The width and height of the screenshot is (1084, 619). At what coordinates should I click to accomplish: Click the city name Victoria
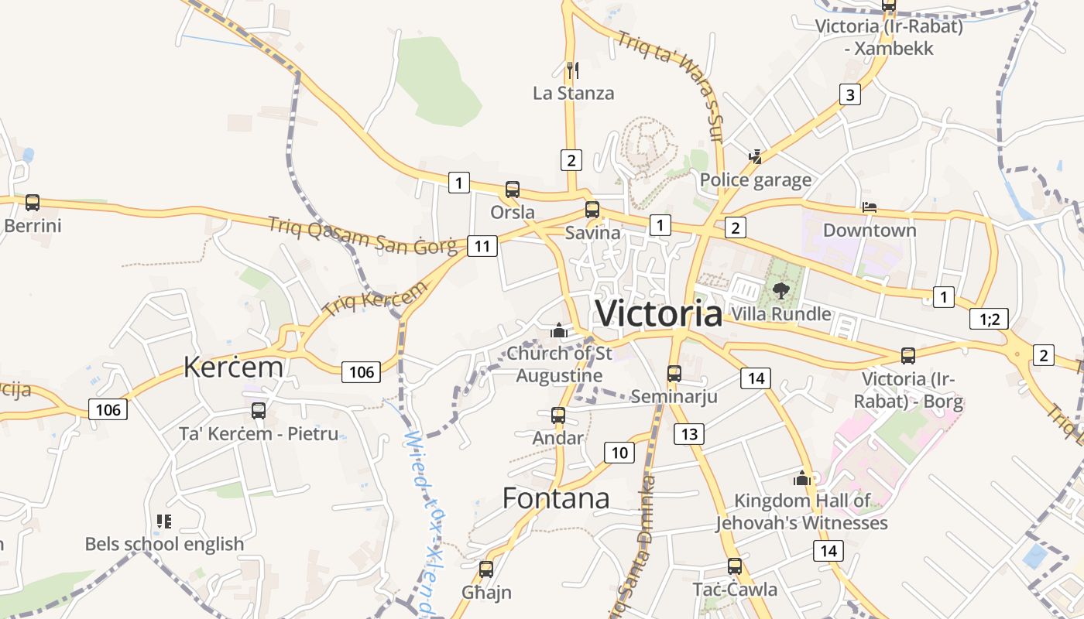coord(658,313)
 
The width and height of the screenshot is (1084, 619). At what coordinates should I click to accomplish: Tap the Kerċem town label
coord(233,367)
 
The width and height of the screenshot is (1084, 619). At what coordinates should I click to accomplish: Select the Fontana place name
coord(556,498)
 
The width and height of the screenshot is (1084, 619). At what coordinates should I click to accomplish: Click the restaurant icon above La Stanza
coord(573,70)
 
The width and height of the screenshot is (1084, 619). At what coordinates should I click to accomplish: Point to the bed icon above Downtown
coord(870,208)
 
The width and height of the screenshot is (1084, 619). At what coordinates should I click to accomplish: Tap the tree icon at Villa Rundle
coord(781,291)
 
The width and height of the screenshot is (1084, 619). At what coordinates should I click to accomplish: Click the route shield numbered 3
coord(850,95)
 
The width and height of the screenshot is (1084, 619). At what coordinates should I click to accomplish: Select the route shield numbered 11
coord(482,247)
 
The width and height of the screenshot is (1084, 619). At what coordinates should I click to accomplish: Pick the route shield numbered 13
coord(689,434)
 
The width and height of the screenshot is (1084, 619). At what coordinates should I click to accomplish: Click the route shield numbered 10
coord(619,453)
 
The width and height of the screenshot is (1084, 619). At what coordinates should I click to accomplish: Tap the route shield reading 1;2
coord(989,319)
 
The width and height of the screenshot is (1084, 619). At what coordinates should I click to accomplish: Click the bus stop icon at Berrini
coord(32,203)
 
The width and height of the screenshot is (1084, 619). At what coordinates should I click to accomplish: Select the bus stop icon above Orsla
coord(512,190)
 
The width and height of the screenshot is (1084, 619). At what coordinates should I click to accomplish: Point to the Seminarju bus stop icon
coord(674,374)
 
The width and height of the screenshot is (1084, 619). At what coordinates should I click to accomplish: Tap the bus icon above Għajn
coord(486,569)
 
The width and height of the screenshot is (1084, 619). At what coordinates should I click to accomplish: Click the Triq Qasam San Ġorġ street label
coord(362,236)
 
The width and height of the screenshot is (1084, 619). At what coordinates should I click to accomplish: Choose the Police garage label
coord(756,181)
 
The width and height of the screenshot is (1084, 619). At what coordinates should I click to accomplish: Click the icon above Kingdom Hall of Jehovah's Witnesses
coord(802,478)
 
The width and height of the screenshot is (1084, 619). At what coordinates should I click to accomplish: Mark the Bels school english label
coord(164,544)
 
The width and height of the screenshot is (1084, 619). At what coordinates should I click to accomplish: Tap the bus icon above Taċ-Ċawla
coord(735,566)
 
